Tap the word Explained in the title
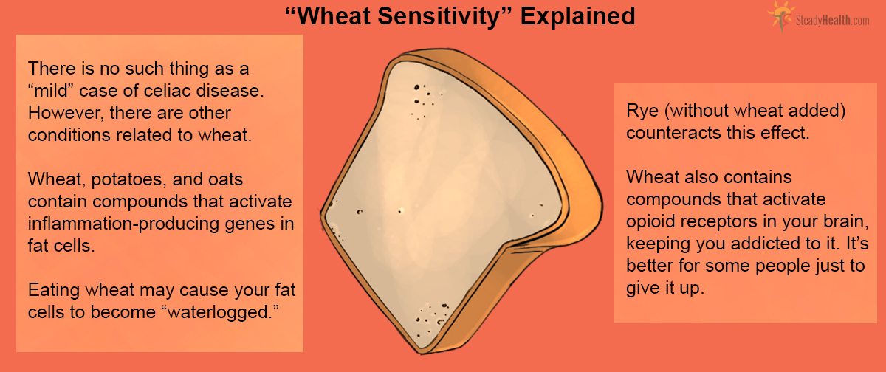tap(578, 16)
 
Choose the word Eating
tap(52, 290)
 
